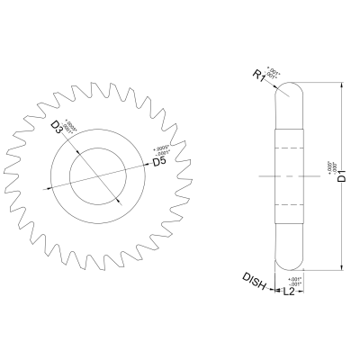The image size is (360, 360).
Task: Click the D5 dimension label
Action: (157, 162)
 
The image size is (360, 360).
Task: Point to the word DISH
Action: (254, 281)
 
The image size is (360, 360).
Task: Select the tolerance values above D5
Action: (161, 150)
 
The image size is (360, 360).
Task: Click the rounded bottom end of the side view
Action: (288, 262)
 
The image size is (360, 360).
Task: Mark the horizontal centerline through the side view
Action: (288, 175)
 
